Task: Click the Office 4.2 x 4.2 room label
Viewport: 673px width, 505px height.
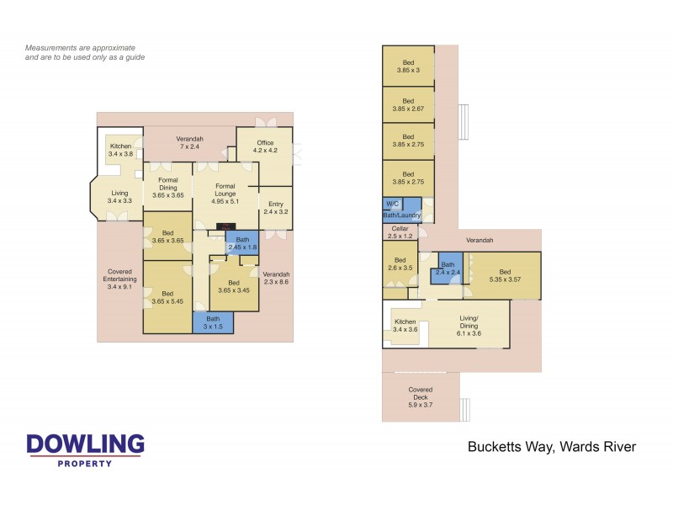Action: click(x=264, y=147)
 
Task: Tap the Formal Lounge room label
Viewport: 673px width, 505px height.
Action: click(x=225, y=190)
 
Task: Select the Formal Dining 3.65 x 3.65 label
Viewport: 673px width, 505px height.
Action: click(x=168, y=190)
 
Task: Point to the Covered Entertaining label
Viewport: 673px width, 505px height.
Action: click(x=119, y=279)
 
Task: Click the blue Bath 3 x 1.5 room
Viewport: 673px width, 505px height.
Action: click(x=213, y=322)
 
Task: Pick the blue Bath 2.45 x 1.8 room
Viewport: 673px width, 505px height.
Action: click(x=241, y=243)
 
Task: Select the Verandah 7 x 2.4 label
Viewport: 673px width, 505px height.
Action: click(x=189, y=142)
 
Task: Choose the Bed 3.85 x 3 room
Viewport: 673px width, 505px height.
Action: click(x=408, y=66)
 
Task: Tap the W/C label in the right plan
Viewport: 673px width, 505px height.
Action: click(x=392, y=204)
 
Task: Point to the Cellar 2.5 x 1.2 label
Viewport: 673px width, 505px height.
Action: click(x=400, y=231)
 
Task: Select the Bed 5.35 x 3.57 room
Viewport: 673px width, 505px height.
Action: click(x=504, y=275)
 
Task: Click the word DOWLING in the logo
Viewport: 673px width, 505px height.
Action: click(x=85, y=444)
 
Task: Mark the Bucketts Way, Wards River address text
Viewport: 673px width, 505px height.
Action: click(x=551, y=447)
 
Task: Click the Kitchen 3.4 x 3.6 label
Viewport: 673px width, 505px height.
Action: click(x=405, y=326)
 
